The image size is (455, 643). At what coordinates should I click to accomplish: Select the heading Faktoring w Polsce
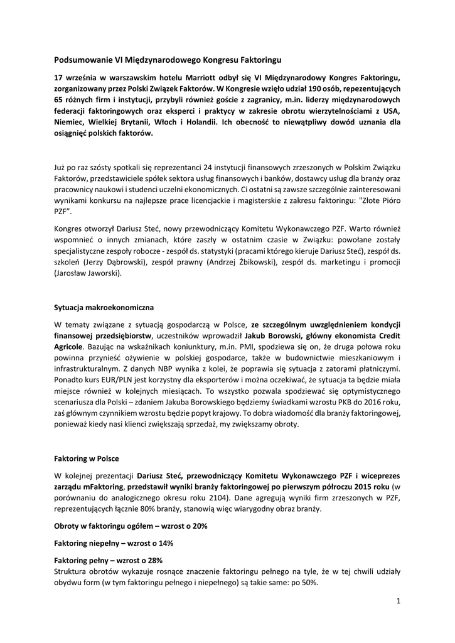click(87, 459)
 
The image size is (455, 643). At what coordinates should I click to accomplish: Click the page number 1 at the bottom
click(398, 601)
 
